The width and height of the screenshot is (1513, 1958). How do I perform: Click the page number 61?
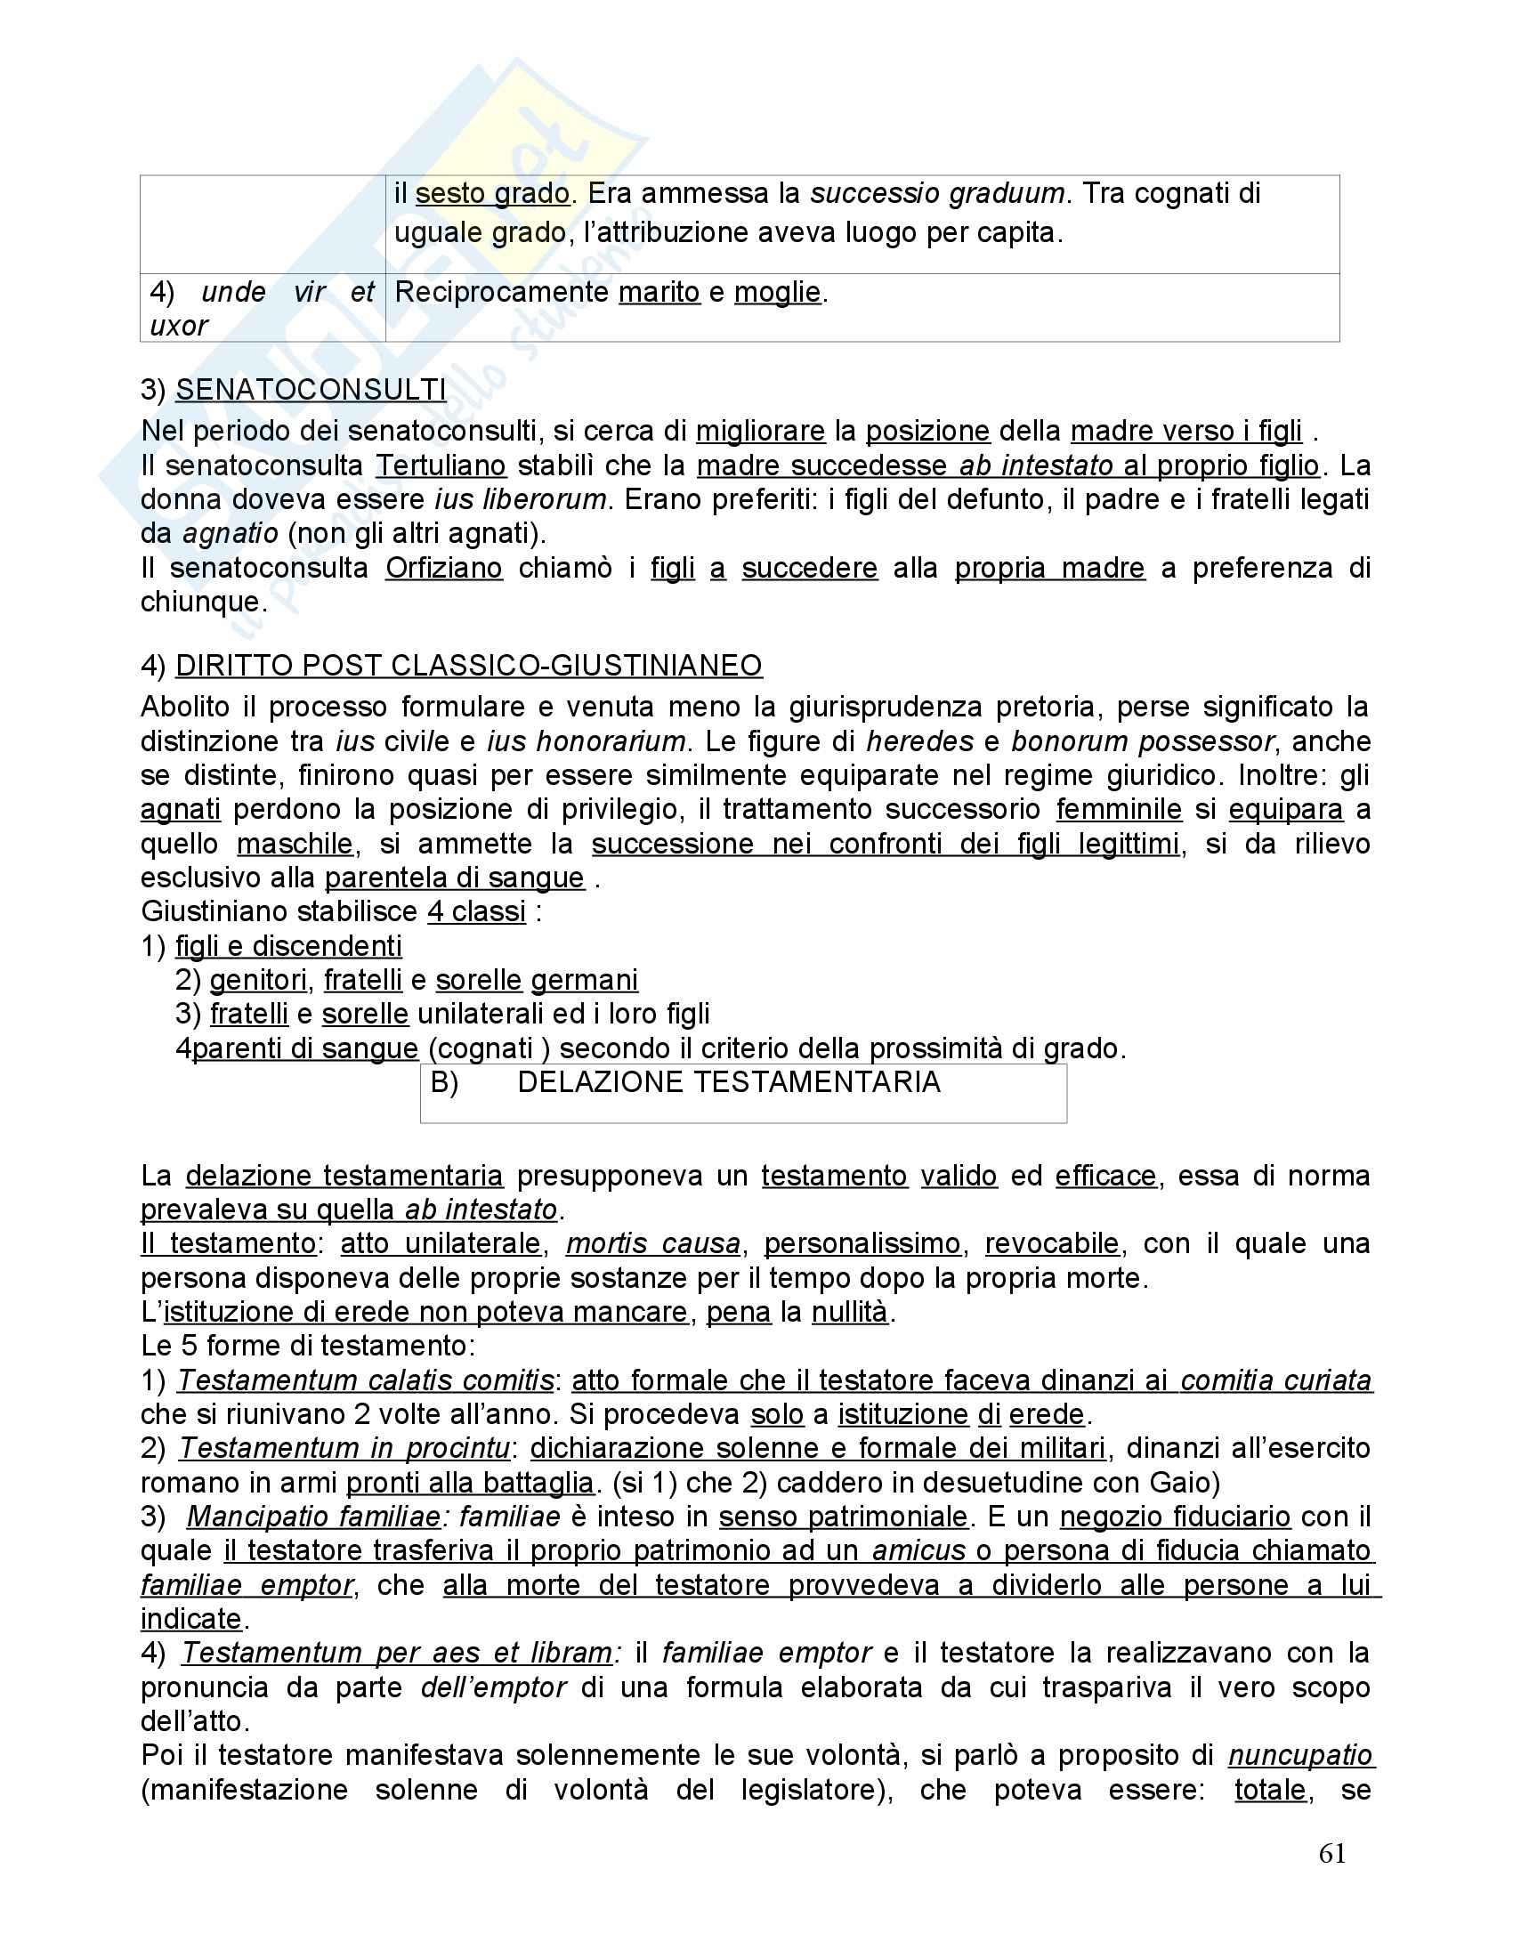coord(1332,1854)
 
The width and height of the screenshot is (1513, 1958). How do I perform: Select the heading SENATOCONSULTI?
coord(310,390)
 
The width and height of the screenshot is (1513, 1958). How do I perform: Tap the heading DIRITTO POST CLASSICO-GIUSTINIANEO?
coord(469,666)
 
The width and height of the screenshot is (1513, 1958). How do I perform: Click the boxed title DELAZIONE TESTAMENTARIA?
coord(729,1083)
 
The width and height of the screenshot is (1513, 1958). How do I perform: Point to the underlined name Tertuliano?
coord(441,466)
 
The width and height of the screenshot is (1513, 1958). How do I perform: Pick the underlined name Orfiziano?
coord(444,569)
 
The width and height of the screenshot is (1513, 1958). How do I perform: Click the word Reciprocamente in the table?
coord(501,292)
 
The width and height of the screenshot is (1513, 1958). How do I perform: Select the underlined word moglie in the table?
coord(777,292)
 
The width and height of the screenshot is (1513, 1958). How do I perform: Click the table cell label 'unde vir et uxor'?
coord(261,309)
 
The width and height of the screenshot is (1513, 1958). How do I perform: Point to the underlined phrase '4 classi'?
coord(476,911)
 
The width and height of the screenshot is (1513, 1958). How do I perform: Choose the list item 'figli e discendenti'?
coord(288,947)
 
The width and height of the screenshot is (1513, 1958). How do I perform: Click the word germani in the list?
coord(585,981)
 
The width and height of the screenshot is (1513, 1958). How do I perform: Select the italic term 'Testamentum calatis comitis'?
coord(366,1380)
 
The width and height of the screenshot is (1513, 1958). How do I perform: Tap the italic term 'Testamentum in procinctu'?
coord(345,1449)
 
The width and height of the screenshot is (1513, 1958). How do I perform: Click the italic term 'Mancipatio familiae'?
coord(313,1517)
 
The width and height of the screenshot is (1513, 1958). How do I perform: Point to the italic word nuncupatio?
coord(1300,1755)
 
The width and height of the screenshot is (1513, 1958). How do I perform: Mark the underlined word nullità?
coord(850,1313)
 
